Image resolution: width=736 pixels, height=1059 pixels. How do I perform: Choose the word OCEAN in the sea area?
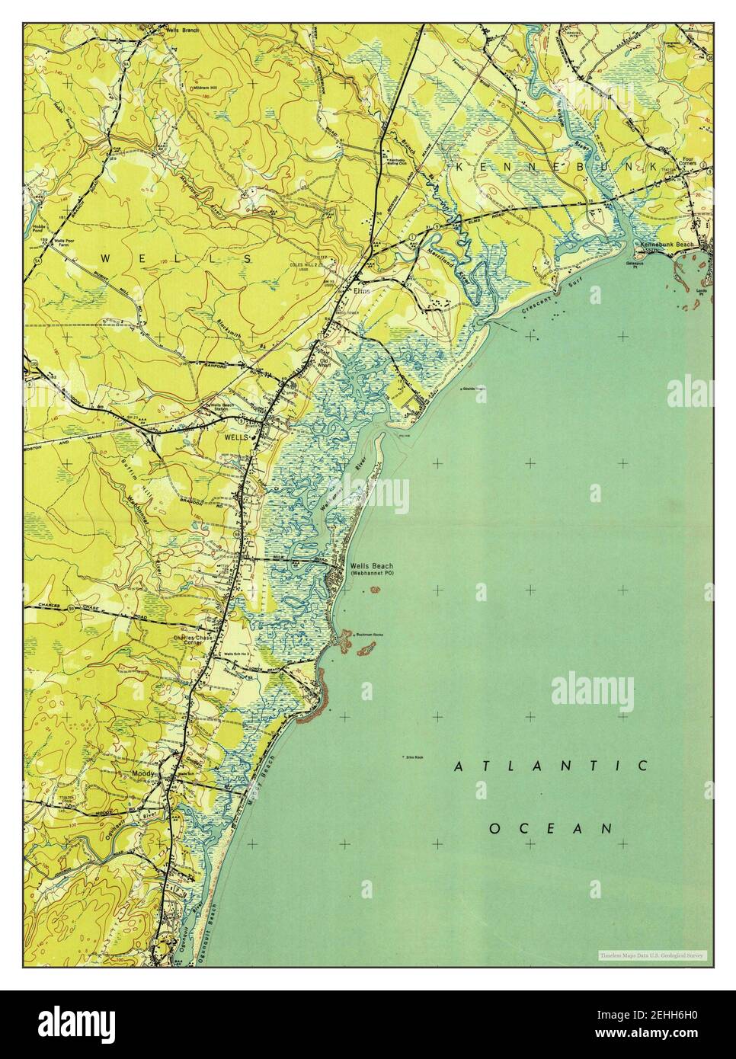[551, 827]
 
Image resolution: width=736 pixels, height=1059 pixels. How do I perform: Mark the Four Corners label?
[691, 163]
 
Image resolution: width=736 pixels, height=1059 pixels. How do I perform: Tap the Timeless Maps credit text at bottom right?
[652, 955]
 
